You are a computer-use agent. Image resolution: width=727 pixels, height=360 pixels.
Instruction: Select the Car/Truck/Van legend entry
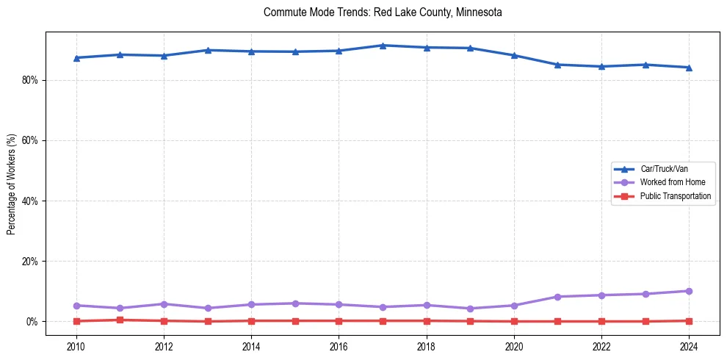click(664, 169)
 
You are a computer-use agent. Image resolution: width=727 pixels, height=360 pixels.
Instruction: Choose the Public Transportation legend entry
click(675, 196)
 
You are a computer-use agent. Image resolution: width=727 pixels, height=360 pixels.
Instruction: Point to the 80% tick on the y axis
click(31, 80)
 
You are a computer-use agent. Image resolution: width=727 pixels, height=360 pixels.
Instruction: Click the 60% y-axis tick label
click(31, 140)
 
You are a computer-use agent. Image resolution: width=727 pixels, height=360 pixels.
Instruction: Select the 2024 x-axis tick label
click(689, 346)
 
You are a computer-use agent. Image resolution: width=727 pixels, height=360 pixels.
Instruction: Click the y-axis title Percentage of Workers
click(12, 184)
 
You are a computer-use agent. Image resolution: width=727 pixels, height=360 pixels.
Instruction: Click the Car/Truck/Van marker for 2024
click(689, 68)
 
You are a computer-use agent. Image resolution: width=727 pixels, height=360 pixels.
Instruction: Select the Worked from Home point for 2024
click(689, 291)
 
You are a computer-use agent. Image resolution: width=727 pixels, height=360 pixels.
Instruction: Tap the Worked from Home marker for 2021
click(557, 297)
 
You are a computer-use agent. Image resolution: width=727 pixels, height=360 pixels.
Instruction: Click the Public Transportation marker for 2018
click(427, 320)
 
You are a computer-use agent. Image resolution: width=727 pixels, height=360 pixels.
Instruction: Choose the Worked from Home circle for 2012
click(164, 304)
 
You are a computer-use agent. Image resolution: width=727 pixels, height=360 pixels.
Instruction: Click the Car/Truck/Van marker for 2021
click(557, 65)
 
